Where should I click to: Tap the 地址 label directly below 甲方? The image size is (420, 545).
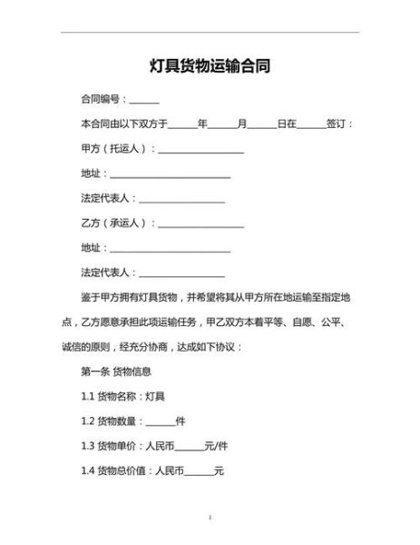(x=90, y=173)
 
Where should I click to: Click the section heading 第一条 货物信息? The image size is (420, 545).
(x=116, y=372)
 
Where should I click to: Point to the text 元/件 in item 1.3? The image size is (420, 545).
(x=216, y=446)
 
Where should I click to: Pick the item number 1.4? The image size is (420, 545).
(x=88, y=471)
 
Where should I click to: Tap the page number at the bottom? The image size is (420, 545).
(x=210, y=517)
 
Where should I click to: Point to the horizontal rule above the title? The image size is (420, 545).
(x=210, y=33)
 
